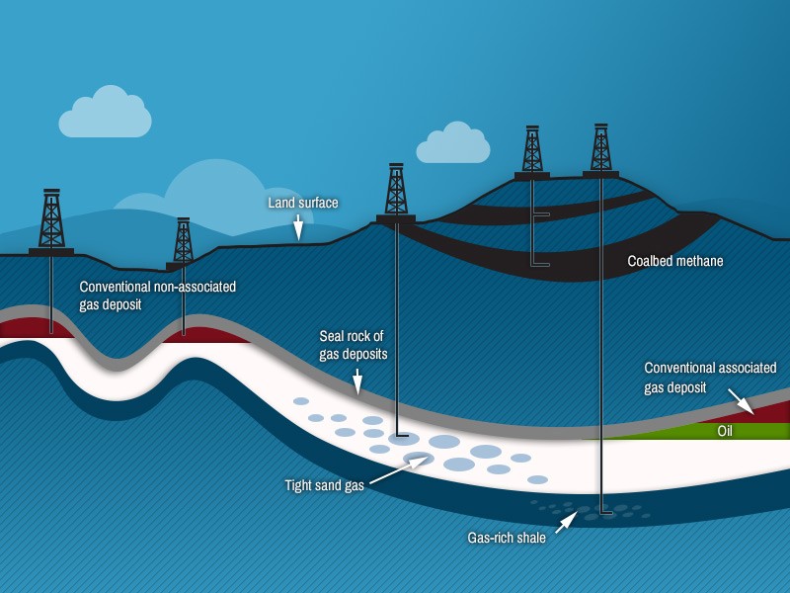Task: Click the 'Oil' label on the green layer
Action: coord(724,431)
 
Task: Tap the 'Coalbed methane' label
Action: coord(675,262)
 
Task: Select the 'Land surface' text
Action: coord(303,203)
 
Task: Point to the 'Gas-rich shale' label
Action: coord(507,539)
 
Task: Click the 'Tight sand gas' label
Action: coord(325,484)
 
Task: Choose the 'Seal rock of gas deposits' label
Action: coord(353,344)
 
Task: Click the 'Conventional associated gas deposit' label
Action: coord(710,377)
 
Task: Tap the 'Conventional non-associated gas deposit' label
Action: coord(158,296)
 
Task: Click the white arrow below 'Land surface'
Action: coord(297,229)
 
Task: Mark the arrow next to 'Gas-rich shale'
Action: coord(564,522)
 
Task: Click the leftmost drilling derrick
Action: coord(51,222)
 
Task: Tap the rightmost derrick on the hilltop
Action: coord(600,150)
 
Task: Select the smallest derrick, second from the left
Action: coord(183,243)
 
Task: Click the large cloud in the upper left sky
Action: coord(105,114)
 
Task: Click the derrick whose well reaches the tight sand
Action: coord(396,193)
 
